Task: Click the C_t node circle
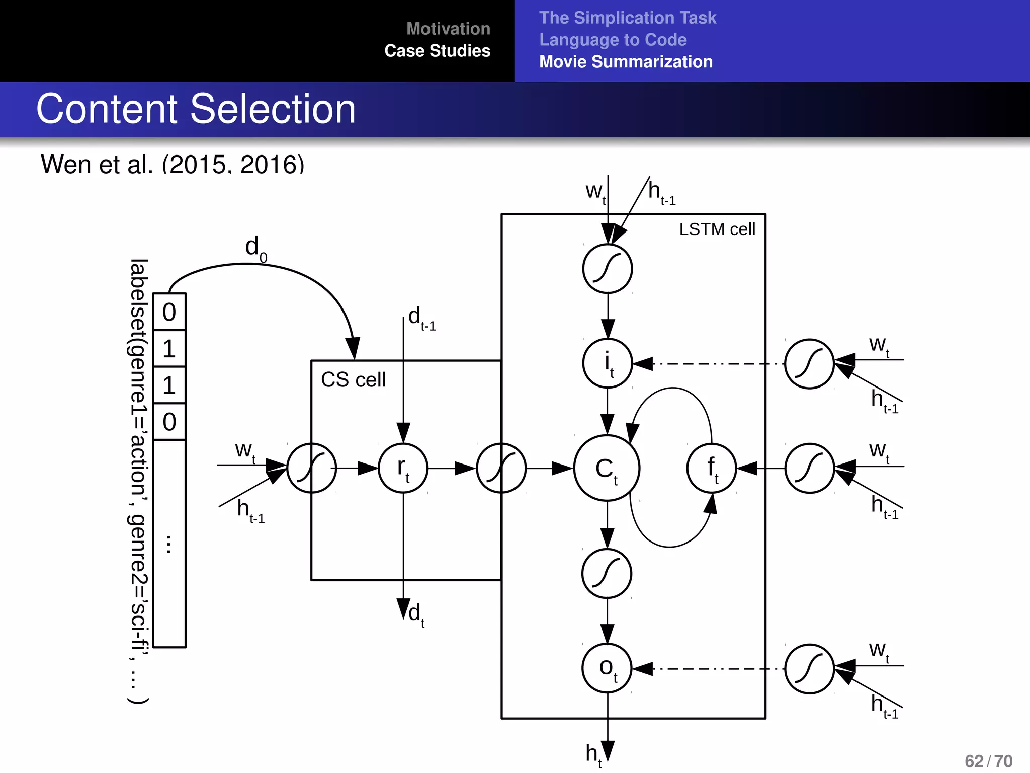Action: point(607,468)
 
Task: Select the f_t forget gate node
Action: point(711,468)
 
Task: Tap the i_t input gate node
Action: point(608,363)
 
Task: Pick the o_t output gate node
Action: point(607,668)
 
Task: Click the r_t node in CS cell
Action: point(403,468)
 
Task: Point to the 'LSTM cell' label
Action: point(717,229)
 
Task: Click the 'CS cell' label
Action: point(353,380)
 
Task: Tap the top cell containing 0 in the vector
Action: point(169,312)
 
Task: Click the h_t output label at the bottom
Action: point(593,755)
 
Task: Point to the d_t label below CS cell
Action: point(416,614)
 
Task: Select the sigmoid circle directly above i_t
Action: point(608,269)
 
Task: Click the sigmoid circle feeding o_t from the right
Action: point(809,669)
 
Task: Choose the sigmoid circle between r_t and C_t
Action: point(501,468)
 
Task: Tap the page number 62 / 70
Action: point(988,761)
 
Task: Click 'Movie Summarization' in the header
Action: point(626,62)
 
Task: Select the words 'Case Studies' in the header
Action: point(437,51)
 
